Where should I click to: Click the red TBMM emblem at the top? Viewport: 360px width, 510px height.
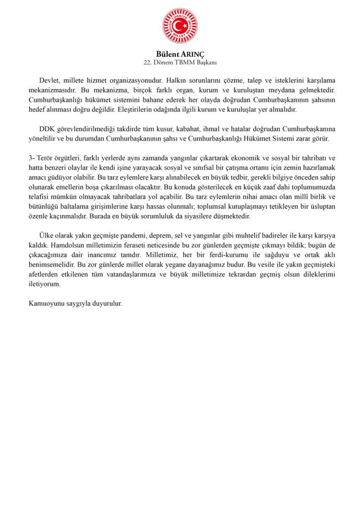pos(180,26)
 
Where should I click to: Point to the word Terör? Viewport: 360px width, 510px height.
pos(48,158)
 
